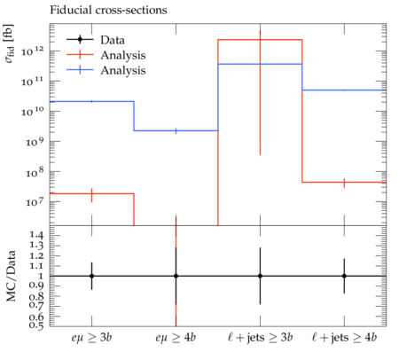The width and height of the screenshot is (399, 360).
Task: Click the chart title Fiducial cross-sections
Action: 108,10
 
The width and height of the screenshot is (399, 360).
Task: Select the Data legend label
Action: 113,40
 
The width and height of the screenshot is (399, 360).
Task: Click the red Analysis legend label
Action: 123,55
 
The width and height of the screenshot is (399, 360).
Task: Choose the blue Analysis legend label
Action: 123,70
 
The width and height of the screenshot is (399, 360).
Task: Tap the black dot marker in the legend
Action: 80,39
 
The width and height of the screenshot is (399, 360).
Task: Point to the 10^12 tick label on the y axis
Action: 33,51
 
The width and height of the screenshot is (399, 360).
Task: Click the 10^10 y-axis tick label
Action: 33,112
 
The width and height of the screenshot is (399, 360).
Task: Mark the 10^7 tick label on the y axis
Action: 35,202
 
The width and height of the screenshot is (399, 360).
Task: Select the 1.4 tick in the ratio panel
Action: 36,235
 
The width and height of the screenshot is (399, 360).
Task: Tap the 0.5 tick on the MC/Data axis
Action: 36,325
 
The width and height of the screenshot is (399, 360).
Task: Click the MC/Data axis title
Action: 12,276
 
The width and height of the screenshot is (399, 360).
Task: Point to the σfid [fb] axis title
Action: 10,43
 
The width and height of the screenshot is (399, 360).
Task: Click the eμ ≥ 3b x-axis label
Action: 91,337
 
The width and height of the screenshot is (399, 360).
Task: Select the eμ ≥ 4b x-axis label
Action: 176,337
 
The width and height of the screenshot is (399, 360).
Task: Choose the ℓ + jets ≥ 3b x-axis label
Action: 261,337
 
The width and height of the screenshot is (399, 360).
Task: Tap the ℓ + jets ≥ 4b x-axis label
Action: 344,337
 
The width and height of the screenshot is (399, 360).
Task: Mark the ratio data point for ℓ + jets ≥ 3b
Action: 260,276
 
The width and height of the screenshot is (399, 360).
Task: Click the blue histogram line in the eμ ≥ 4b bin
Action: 176,130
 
